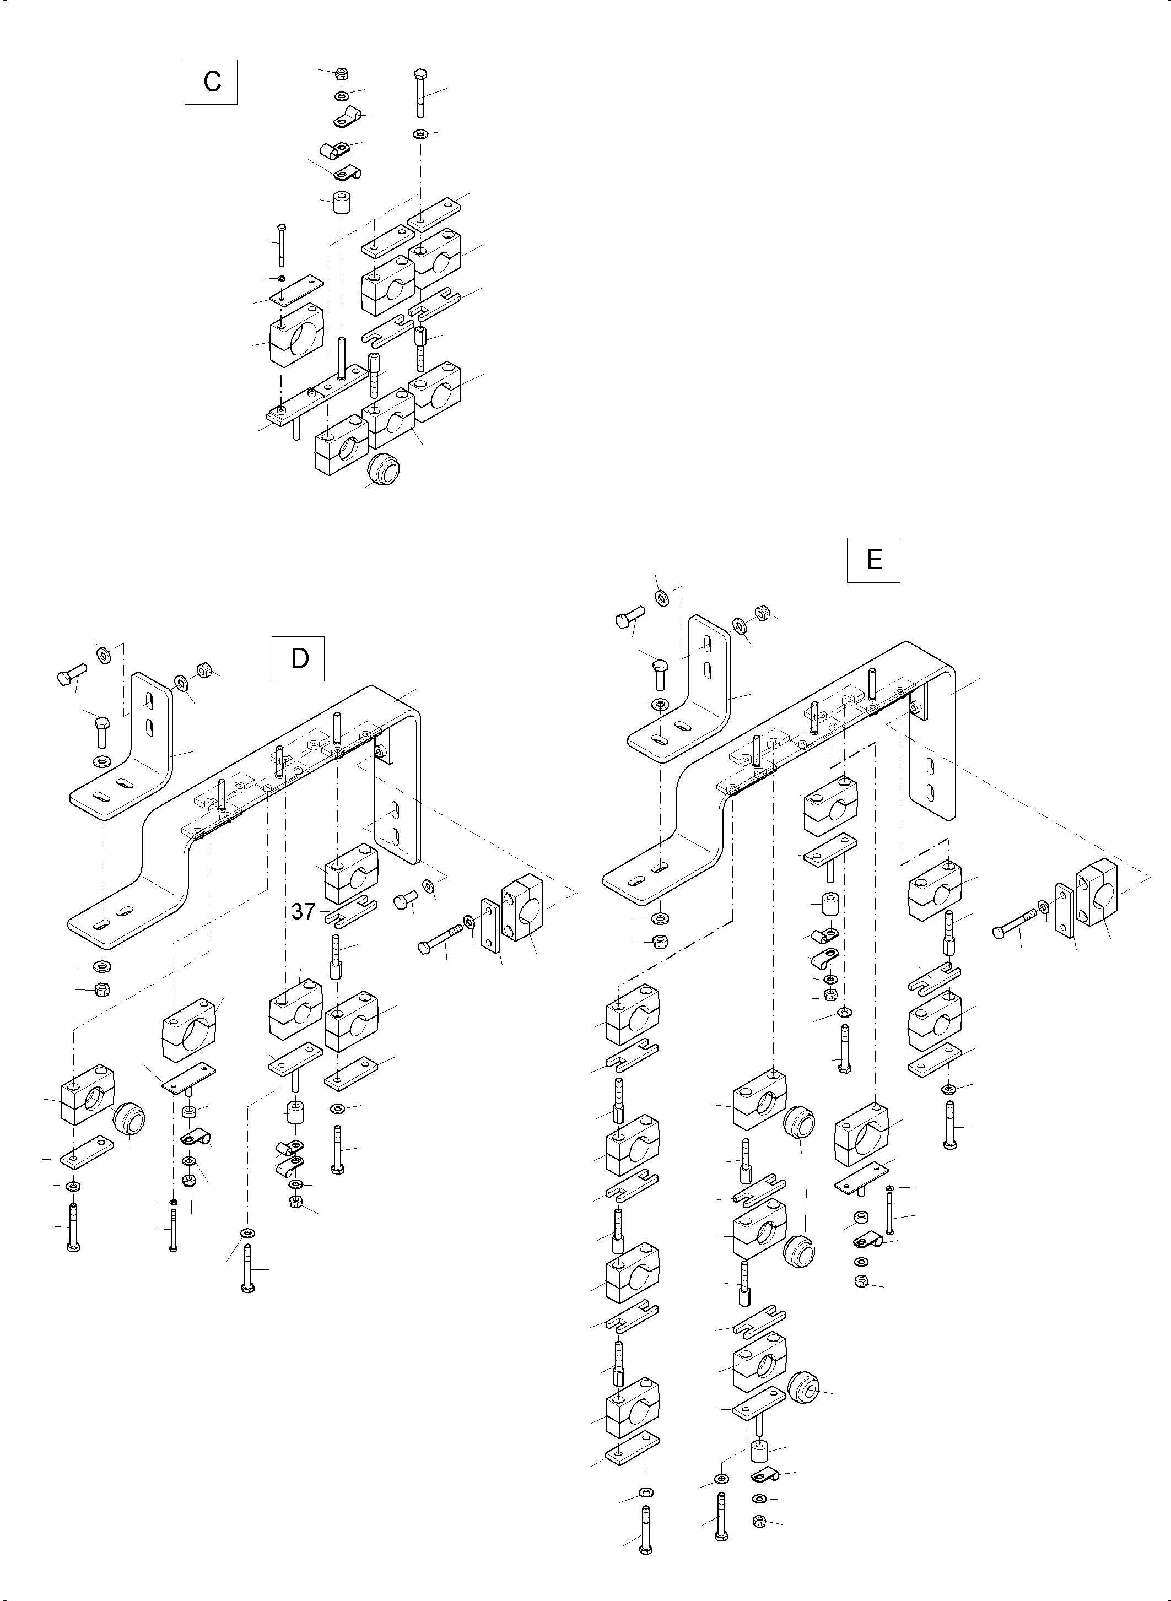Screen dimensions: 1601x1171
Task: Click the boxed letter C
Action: pos(211,83)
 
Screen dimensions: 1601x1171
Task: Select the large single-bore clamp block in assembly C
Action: pos(296,334)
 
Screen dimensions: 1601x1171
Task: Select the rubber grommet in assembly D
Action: pos(129,1119)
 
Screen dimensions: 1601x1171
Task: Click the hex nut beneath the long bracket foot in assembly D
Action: pos(102,989)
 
